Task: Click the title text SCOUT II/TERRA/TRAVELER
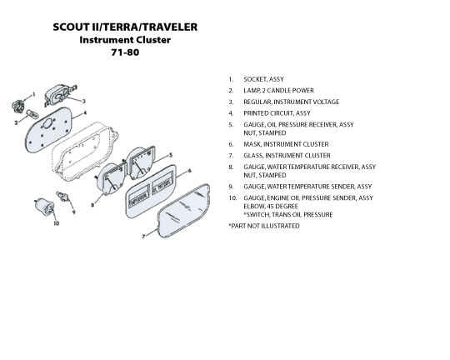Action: tap(125, 27)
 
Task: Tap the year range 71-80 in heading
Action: tap(125, 52)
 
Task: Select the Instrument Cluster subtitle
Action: tap(125, 40)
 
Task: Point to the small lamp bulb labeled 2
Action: tap(32, 114)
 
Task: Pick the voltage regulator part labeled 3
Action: tap(59, 94)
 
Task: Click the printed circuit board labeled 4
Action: tap(48, 129)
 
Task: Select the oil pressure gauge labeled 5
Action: tap(141, 162)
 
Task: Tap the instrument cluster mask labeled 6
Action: tap(150, 191)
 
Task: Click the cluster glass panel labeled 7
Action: tap(184, 211)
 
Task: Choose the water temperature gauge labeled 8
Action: tap(112, 178)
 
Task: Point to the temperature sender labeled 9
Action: tap(62, 197)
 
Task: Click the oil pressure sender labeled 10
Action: tap(44, 206)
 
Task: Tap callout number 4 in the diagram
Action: tap(85, 112)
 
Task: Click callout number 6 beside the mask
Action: tap(189, 171)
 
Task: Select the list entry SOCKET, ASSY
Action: tap(263, 79)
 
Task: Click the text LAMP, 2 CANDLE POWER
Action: tap(278, 91)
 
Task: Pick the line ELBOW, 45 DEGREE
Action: tap(271, 206)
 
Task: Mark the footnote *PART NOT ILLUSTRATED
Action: tap(263, 226)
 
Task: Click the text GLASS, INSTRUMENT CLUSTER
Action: tap(287, 156)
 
